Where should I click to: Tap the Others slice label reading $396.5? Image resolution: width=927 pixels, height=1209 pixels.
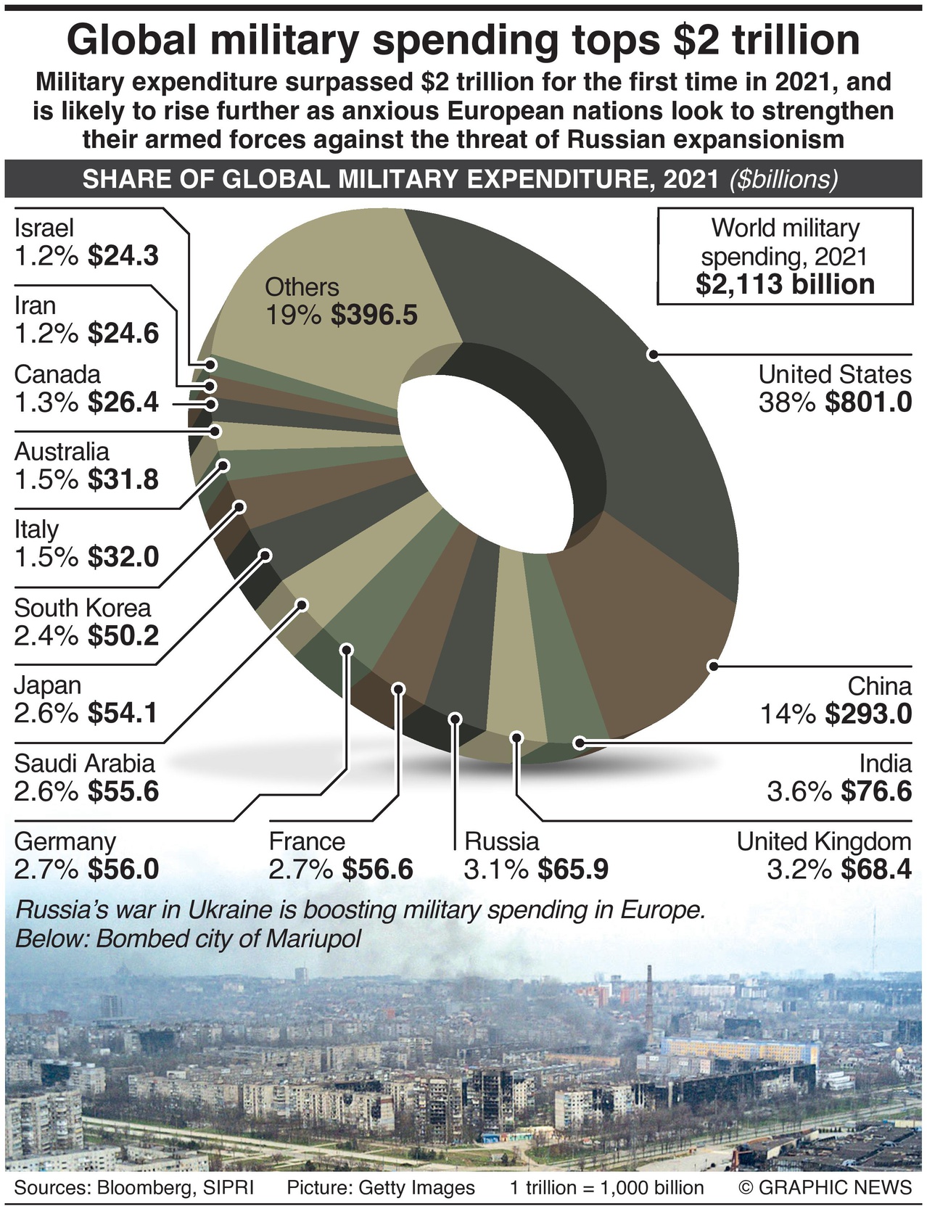pos(374,315)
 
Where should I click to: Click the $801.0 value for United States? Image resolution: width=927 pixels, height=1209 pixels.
pos(868,402)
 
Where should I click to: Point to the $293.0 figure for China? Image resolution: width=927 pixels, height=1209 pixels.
pos(868,714)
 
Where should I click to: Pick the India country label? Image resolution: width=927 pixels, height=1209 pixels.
pos(885,763)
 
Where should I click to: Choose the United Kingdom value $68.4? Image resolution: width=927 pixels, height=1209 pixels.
pos(876,869)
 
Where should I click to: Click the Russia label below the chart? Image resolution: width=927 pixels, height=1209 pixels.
pos(502,841)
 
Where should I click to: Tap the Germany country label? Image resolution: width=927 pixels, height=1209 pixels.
pos(65,841)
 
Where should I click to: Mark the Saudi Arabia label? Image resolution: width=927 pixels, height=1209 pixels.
pos(84,763)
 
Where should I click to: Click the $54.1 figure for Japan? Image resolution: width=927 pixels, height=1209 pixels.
pos(123,714)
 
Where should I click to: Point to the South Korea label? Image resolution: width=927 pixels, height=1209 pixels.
pos(83,608)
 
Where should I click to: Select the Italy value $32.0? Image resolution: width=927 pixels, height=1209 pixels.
pos(123,557)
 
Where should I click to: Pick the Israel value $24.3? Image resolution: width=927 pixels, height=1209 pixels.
pos(123,255)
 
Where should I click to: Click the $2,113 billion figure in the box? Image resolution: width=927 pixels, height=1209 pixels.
pos(785,284)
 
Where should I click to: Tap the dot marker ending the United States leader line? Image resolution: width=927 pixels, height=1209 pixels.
pos(653,355)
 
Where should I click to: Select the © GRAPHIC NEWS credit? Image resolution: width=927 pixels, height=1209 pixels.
pos(825,1187)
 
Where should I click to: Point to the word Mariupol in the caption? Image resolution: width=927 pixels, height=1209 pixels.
pos(313,938)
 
